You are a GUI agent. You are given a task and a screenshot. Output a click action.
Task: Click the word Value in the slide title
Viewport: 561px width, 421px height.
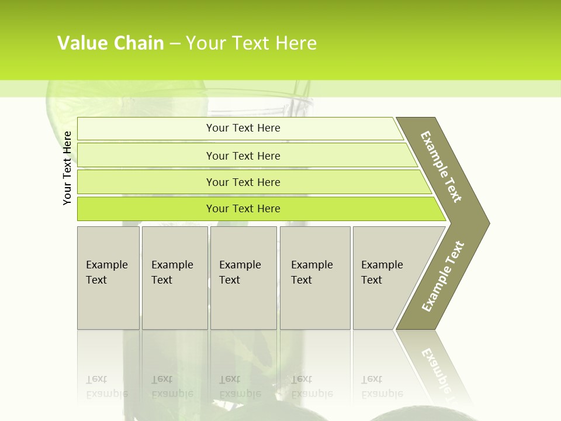[x=81, y=43]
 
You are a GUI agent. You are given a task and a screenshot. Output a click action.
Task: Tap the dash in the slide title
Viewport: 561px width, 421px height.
[x=175, y=44]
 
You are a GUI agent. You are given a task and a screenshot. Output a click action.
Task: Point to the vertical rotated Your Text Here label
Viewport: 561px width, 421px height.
[x=67, y=168]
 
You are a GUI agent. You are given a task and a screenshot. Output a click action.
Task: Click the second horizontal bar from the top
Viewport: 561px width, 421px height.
[x=243, y=156]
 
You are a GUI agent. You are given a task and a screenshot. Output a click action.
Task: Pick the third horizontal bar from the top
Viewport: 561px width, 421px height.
[x=243, y=182]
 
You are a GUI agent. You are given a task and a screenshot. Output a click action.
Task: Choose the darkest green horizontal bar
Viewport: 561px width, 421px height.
[x=243, y=209]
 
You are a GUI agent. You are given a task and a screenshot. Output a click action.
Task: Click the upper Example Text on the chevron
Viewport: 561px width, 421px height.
[x=441, y=167]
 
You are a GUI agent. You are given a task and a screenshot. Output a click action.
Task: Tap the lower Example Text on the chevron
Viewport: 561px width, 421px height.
[x=442, y=277]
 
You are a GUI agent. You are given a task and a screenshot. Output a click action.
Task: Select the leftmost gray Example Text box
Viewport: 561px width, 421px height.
[x=108, y=278]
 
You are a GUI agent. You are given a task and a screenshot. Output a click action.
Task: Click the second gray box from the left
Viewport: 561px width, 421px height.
[x=174, y=278]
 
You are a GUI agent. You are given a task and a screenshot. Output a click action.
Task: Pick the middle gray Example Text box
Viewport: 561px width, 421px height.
[x=243, y=278]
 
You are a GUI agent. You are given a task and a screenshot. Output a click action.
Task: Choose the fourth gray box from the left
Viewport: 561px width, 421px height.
[x=314, y=278]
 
